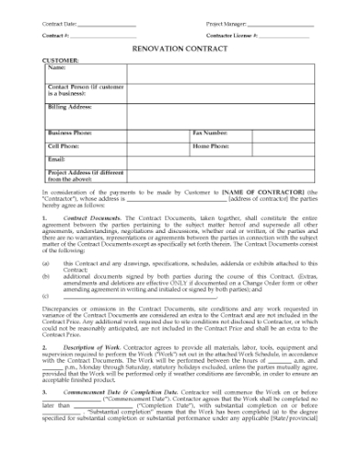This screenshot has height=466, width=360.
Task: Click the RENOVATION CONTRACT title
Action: (180, 52)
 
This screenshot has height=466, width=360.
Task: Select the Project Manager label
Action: (216, 21)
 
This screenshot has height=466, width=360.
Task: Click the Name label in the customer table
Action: (57, 69)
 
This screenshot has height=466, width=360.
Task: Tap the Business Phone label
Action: (72, 133)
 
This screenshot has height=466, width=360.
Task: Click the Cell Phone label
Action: (64, 146)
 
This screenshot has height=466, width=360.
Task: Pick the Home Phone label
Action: (212, 146)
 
